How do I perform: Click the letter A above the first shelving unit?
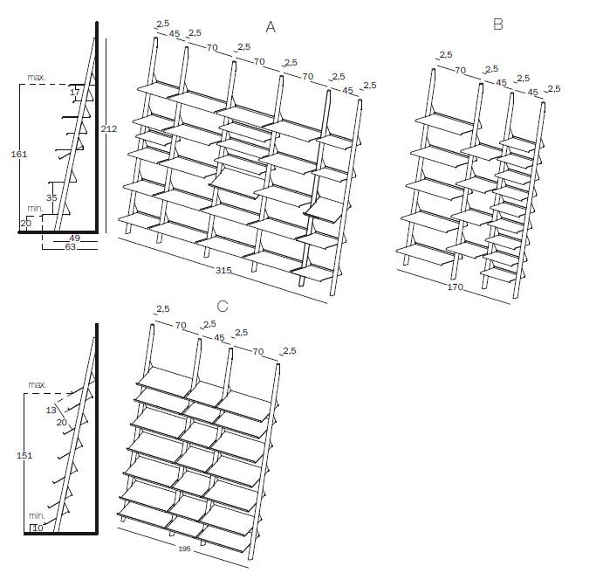point(271,28)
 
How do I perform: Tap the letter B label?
point(497,24)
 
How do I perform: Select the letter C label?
point(222,306)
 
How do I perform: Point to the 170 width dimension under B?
point(455,286)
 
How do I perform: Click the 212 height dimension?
point(108,129)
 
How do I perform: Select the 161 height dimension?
point(19,154)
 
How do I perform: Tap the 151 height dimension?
point(24,455)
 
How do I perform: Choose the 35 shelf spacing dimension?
point(51,198)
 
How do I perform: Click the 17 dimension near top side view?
point(74,92)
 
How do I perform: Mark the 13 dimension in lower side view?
point(51,410)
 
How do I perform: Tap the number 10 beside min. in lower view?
point(38,527)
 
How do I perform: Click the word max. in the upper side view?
point(36,78)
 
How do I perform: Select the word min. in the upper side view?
point(35,208)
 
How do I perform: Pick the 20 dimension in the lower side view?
point(61,423)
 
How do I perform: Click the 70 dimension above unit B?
point(460,70)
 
